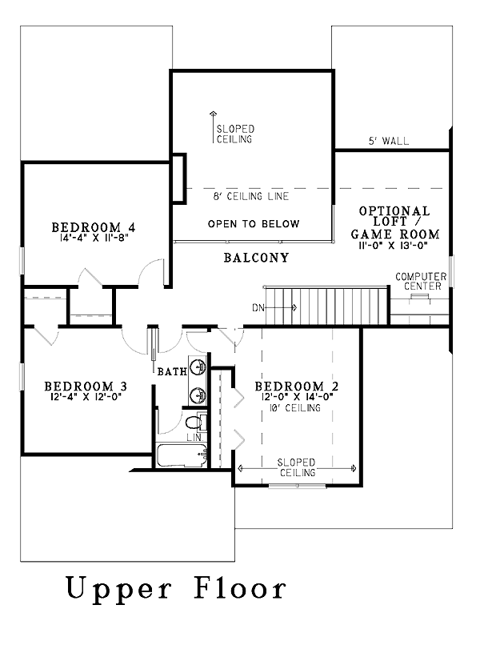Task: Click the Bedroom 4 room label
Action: [94, 227]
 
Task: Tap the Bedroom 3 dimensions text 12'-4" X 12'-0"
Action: [86, 396]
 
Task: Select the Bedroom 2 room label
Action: [297, 386]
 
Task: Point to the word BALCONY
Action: [257, 258]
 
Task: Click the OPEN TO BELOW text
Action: [254, 224]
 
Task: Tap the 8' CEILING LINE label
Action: [251, 196]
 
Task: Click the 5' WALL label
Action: [389, 141]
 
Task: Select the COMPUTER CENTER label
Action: [421, 281]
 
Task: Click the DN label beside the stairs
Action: [258, 308]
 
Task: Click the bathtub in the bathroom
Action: [182, 455]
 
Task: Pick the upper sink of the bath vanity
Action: [198, 367]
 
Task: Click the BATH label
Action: [172, 371]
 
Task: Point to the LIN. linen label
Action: [194, 438]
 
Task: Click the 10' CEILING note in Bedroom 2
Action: [295, 407]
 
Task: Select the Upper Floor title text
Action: [177, 587]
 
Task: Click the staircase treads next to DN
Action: [326, 305]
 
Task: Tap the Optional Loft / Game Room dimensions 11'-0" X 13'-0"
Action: [394, 246]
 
